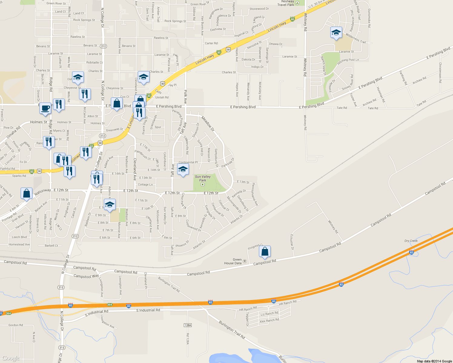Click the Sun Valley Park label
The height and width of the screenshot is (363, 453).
(x=203, y=178)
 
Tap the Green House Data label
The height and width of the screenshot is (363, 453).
(x=233, y=261)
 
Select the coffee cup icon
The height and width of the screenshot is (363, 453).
(x=45, y=108)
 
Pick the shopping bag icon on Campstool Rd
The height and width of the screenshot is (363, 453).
(x=265, y=251)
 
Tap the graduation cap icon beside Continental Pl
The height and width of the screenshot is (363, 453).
(x=183, y=169)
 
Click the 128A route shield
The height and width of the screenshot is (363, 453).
(x=188, y=325)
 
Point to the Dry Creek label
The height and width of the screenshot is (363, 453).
(x=411, y=241)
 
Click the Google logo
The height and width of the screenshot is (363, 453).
(x=11, y=358)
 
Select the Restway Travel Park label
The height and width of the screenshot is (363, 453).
(x=286, y=3)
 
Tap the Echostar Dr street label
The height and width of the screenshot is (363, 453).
(x=292, y=242)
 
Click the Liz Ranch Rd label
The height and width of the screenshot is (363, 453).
(x=269, y=314)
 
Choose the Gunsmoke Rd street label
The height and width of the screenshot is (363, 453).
(x=369, y=18)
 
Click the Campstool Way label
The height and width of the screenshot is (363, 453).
(x=86, y=276)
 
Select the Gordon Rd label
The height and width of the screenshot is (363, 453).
(x=16, y=325)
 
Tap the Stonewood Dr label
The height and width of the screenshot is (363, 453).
(x=259, y=9)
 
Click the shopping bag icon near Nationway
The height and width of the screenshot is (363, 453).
(x=27, y=193)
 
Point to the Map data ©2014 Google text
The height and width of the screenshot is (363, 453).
(x=434, y=361)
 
